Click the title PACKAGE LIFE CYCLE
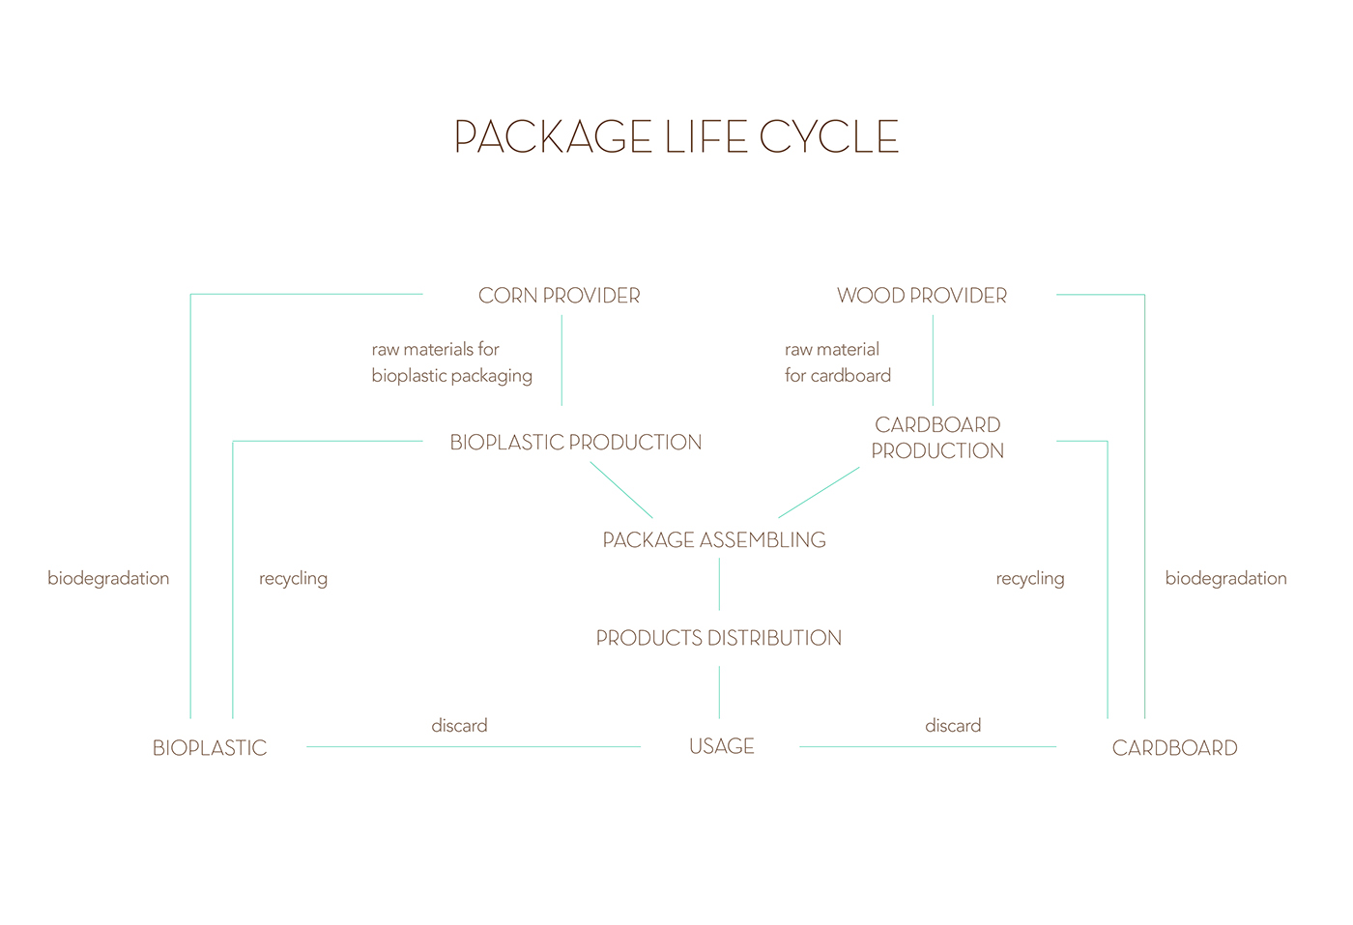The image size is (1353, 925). pyautogui.click(x=676, y=136)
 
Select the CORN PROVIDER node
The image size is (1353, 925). pyautogui.click(x=560, y=296)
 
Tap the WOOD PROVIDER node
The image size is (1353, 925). pyautogui.click(x=922, y=296)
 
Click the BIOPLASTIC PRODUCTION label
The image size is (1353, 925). pyautogui.click(x=576, y=443)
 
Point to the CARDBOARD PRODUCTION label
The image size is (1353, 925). pyautogui.click(x=937, y=438)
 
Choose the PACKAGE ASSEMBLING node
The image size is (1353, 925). pyautogui.click(x=714, y=539)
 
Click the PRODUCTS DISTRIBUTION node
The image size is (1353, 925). pyautogui.click(x=719, y=637)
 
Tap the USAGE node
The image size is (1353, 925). pyautogui.click(x=722, y=746)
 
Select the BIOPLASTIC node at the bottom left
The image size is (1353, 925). pyautogui.click(x=210, y=748)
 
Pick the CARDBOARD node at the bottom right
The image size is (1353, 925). pyautogui.click(x=1175, y=748)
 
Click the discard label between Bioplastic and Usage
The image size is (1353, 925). pyautogui.click(x=459, y=725)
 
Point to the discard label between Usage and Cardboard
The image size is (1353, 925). pyautogui.click(x=953, y=725)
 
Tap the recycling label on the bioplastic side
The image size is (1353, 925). pyautogui.click(x=294, y=579)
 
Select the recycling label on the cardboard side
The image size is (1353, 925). pyautogui.click(x=1030, y=579)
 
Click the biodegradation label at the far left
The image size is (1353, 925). pyautogui.click(x=108, y=579)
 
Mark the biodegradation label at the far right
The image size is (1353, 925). pyautogui.click(x=1226, y=579)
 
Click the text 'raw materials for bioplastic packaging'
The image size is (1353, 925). pyautogui.click(x=452, y=362)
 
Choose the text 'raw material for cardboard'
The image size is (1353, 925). pyautogui.click(x=838, y=362)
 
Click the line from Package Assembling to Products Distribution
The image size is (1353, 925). pyautogui.click(x=719, y=584)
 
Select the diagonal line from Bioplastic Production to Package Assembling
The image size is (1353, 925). pyautogui.click(x=620, y=490)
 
